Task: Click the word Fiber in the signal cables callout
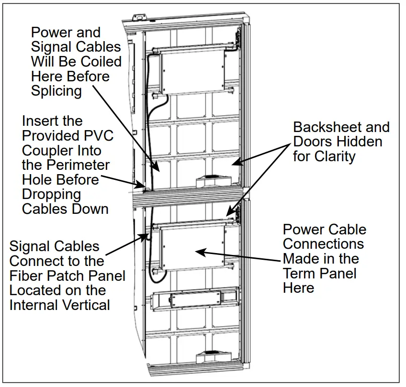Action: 28,276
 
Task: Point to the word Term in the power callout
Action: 300,273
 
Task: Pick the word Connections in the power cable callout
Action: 323,244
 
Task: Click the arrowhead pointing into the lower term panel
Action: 201,250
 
